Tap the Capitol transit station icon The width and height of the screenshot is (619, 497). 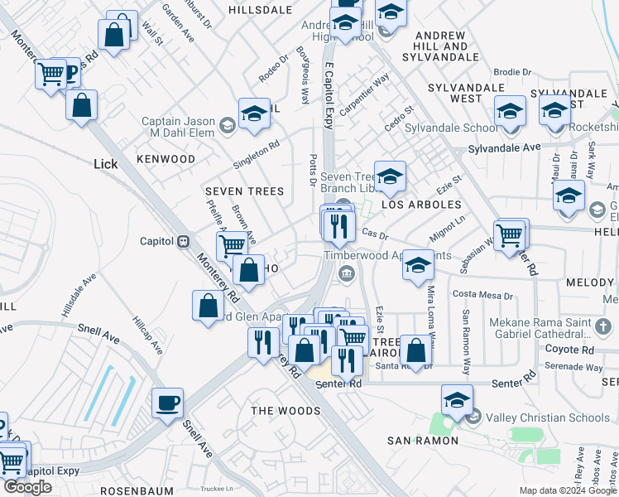click(x=184, y=241)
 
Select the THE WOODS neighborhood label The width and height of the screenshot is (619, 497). click(x=286, y=411)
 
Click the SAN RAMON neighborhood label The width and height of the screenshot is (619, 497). click(x=423, y=440)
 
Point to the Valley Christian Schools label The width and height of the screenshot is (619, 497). click(x=547, y=417)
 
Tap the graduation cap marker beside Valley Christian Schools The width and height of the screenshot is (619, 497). click(x=457, y=400)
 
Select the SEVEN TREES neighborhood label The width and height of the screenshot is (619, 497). click(x=244, y=191)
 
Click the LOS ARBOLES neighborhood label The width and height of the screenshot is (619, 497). click(x=421, y=204)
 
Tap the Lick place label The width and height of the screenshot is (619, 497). click(x=106, y=164)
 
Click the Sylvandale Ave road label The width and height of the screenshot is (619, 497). click(x=504, y=147)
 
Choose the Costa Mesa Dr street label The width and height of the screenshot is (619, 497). click(x=482, y=295)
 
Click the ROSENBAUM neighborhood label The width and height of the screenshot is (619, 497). click(x=135, y=490)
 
